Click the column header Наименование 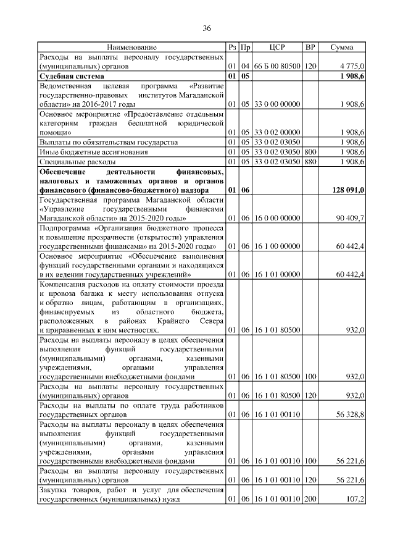point(131,47)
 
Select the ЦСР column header point(277,47)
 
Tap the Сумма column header point(341,47)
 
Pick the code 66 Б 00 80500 point(277,65)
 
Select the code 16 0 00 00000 point(277,219)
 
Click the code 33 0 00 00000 point(277,104)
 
